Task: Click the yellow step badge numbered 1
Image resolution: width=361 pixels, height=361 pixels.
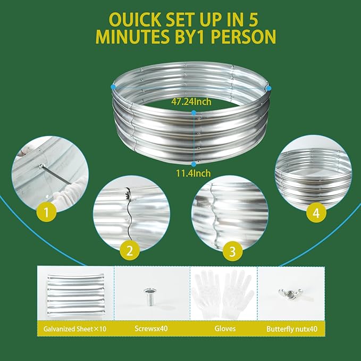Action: click(x=46, y=212)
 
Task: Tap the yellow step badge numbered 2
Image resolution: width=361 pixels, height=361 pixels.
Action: click(x=130, y=250)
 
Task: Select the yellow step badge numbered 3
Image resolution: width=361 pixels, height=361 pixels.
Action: click(x=232, y=251)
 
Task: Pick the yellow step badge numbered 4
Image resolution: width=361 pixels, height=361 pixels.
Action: click(x=316, y=213)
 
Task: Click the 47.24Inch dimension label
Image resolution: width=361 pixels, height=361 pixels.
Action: click(x=191, y=102)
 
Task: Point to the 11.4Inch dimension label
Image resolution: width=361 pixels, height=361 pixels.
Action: click(x=193, y=173)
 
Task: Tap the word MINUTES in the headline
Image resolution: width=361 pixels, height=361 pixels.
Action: click(x=133, y=37)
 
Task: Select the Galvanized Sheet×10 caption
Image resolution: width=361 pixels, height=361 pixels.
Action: click(x=75, y=329)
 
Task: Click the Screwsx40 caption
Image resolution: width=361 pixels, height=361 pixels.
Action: click(x=151, y=329)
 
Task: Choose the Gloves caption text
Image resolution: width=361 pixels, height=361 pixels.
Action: click(x=225, y=329)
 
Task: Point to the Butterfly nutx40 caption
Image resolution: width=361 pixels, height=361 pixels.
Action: click(x=292, y=329)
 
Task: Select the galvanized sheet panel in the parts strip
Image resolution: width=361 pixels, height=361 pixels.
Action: click(x=76, y=296)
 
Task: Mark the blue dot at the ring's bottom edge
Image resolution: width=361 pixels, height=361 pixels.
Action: click(x=194, y=164)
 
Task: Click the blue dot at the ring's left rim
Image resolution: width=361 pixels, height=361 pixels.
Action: click(x=113, y=87)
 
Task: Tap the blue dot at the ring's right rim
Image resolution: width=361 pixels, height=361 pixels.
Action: click(x=268, y=88)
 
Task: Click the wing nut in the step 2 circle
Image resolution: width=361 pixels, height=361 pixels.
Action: click(x=127, y=194)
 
